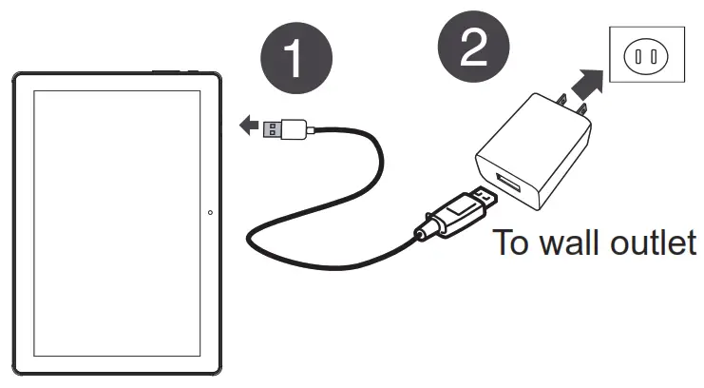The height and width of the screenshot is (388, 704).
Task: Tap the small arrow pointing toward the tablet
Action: (249, 125)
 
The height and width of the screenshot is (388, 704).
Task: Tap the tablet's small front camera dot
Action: (209, 212)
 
